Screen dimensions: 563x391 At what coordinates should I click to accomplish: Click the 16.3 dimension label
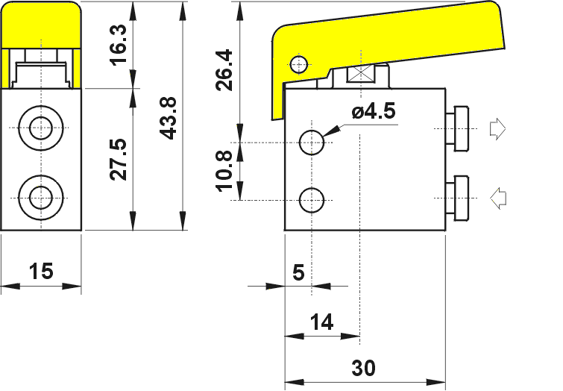pyautogui.click(x=119, y=45)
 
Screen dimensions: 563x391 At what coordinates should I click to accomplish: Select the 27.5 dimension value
pyautogui.click(x=119, y=159)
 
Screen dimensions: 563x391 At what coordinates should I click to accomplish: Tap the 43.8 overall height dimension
pyautogui.click(x=168, y=118)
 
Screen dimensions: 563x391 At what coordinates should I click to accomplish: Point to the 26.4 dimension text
pyautogui.click(x=224, y=70)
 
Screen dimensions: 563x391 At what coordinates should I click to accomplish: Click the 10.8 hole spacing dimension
pyautogui.click(x=224, y=171)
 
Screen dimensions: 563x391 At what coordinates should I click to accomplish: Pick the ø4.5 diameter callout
pyautogui.click(x=374, y=110)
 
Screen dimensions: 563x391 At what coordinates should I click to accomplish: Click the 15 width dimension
pyautogui.click(x=41, y=271)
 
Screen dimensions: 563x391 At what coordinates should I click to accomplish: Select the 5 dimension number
pyautogui.click(x=299, y=272)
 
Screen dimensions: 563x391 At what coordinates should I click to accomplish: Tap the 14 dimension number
pyautogui.click(x=321, y=322)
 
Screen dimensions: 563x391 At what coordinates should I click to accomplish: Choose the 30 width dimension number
pyautogui.click(x=363, y=368)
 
